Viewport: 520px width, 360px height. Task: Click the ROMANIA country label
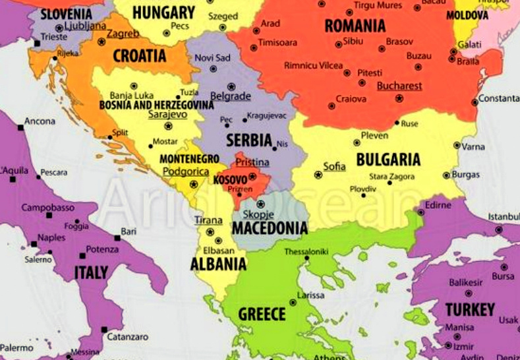pos(355,26)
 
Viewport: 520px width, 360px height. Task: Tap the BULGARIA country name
pos(388,160)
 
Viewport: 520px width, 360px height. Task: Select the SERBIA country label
pos(249,140)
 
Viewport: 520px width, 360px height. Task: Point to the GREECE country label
pos(262,314)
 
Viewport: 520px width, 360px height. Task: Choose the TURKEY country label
pos(470,310)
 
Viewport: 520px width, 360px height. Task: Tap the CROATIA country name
pos(139,56)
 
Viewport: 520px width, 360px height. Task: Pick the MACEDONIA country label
pos(270,229)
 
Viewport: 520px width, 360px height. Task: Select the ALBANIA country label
pos(218,264)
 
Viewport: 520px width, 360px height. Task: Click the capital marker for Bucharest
pos(399,98)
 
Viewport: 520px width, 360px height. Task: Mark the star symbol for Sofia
pos(318,175)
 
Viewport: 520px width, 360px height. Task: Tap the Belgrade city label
pos(231,96)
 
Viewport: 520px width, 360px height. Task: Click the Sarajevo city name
pos(167,114)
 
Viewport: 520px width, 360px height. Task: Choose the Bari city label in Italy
pos(129,232)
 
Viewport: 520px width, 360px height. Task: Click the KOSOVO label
pos(230,179)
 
